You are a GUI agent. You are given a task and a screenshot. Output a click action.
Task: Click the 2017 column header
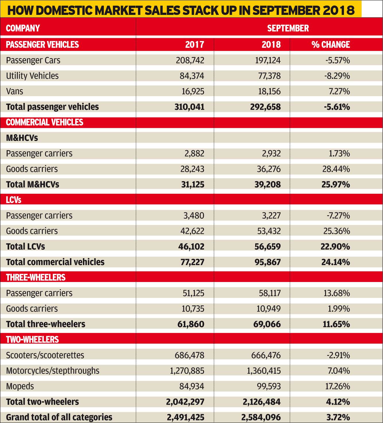(x=195, y=45)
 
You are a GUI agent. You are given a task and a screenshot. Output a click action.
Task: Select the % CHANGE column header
(x=330, y=45)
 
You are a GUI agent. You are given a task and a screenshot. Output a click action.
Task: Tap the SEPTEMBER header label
(x=288, y=28)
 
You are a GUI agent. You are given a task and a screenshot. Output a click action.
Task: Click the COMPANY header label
(x=23, y=28)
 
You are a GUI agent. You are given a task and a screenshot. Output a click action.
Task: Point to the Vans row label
(x=15, y=91)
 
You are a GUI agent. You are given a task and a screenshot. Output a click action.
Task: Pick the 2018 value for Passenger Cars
(x=268, y=60)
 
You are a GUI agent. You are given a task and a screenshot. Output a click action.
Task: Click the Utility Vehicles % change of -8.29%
(x=337, y=76)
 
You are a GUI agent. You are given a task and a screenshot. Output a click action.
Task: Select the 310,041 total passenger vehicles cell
(x=189, y=107)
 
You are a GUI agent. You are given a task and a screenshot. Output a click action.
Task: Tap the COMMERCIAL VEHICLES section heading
(x=44, y=122)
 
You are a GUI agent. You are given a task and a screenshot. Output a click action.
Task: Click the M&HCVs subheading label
(x=22, y=138)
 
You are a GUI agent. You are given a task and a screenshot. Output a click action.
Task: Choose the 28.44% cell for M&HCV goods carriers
(x=336, y=169)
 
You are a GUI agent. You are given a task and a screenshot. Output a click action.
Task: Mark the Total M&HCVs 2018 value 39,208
(x=268, y=185)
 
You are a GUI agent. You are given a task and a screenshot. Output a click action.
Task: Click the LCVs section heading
(x=13, y=200)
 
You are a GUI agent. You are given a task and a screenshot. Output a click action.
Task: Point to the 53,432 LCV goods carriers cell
(x=269, y=231)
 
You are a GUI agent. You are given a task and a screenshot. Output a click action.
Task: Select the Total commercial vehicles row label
(x=55, y=262)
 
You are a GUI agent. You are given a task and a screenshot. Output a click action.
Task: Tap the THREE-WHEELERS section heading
(x=36, y=277)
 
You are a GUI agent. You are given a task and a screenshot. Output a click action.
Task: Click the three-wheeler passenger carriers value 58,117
(x=270, y=293)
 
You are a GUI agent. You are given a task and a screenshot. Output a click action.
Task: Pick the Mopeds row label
(x=20, y=386)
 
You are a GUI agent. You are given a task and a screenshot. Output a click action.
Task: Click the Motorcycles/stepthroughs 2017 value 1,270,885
(x=187, y=371)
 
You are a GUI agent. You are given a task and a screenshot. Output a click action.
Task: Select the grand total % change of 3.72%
(x=338, y=417)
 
